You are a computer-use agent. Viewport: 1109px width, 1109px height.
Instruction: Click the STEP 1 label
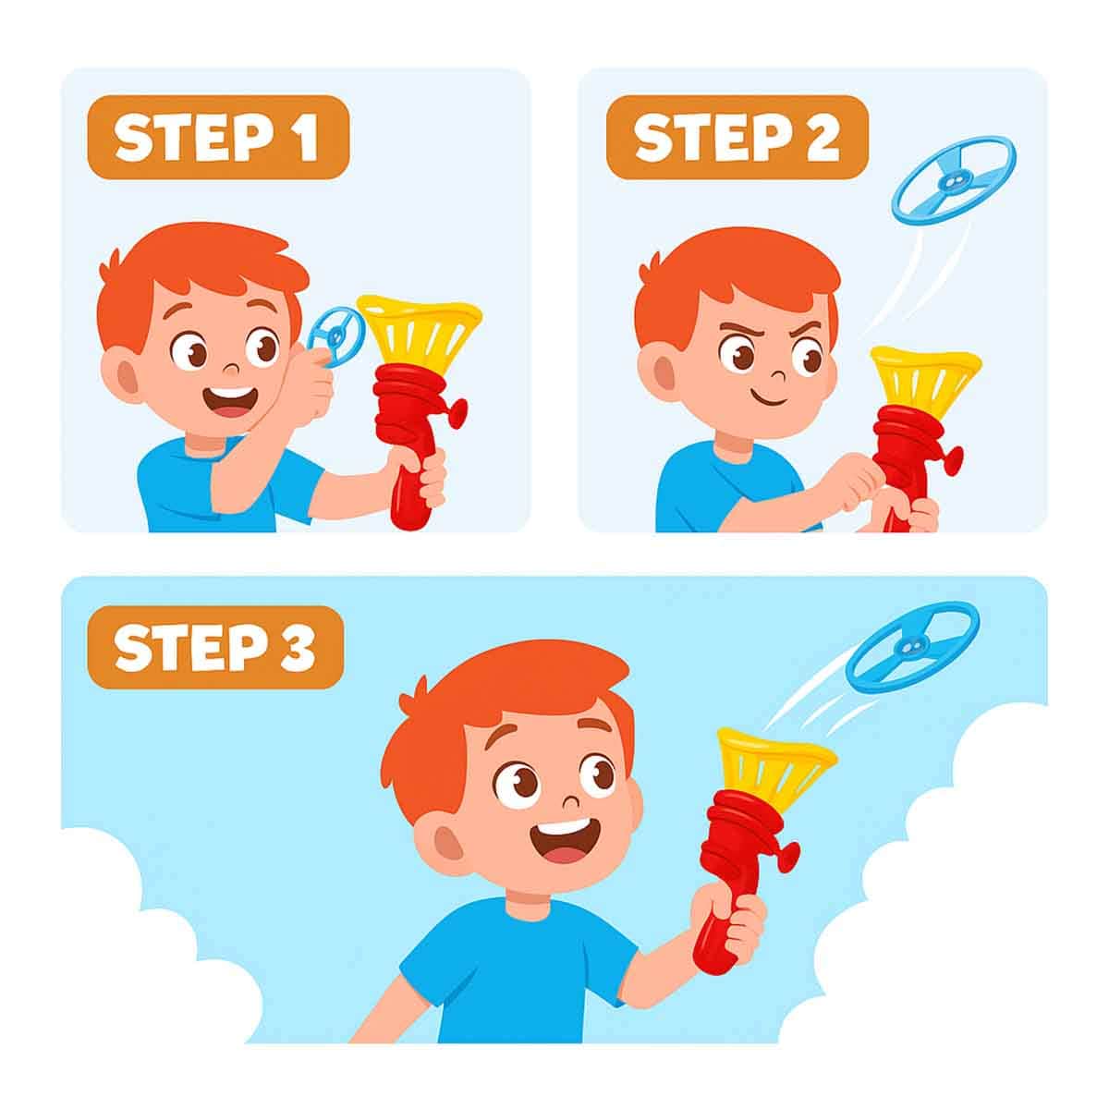tap(218, 137)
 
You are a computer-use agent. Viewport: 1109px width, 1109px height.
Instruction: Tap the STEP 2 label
tap(737, 137)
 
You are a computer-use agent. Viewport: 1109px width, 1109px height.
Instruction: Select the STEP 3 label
tap(216, 647)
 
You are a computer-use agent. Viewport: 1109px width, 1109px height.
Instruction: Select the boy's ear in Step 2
tap(662, 377)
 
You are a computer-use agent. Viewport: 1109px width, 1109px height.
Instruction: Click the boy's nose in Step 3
tap(570, 801)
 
